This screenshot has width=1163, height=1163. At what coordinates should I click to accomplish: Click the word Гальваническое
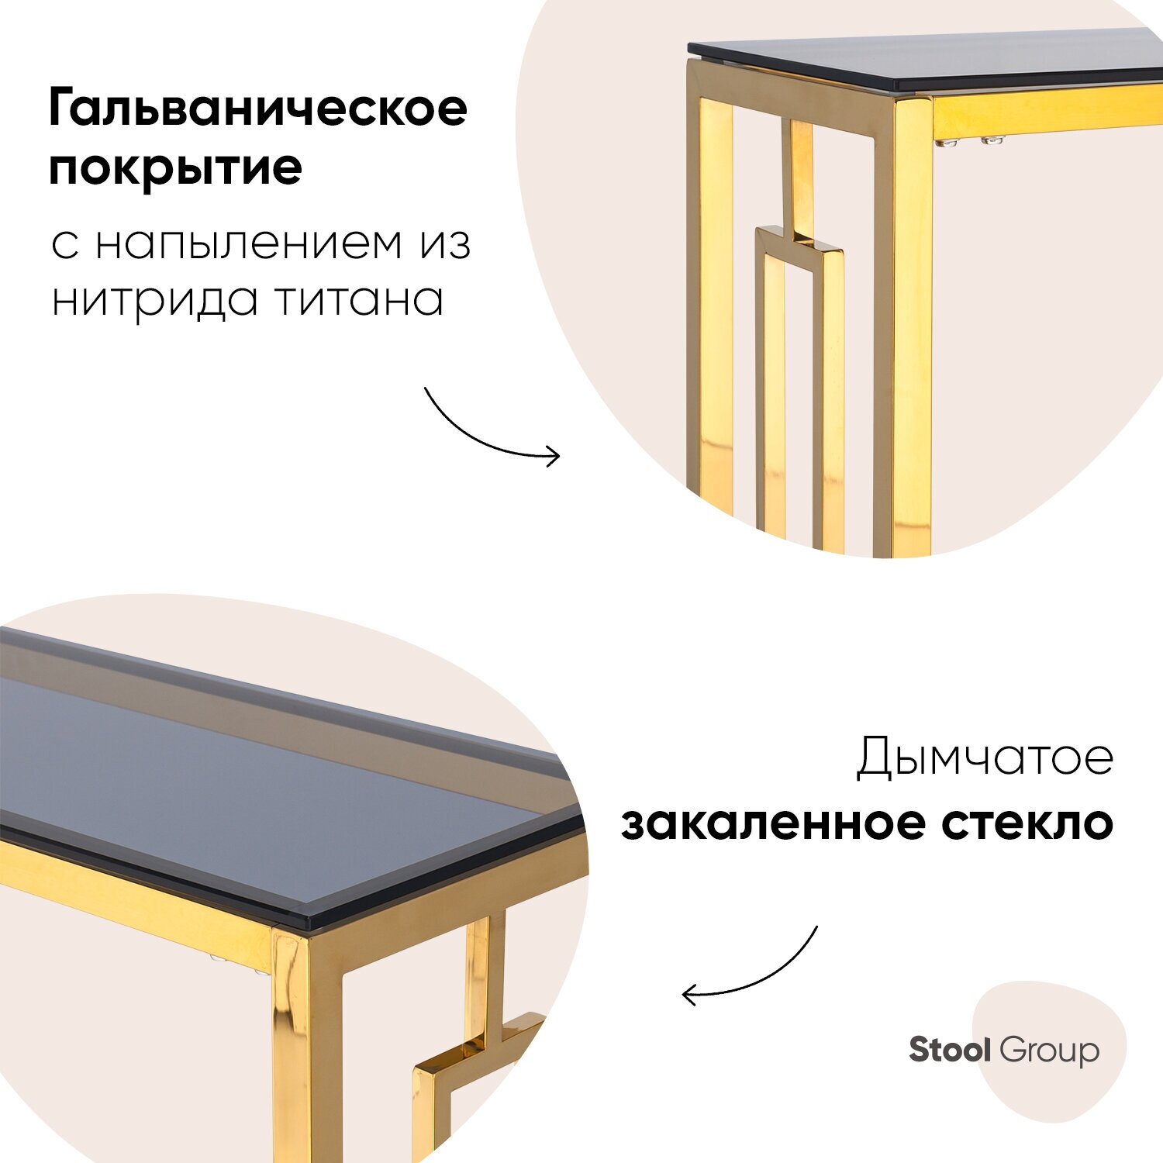tap(258, 109)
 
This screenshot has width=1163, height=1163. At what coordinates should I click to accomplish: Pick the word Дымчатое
tap(985, 758)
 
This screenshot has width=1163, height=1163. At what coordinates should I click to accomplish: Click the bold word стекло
tap(1027, 823)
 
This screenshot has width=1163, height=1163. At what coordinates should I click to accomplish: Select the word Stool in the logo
tap(950, 1050)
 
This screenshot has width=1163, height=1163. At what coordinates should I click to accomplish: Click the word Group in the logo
tap(1049, 1051)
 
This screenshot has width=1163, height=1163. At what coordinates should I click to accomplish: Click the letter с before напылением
tap(65, 247)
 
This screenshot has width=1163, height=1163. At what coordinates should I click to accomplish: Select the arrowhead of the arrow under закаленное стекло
tap(688, 994)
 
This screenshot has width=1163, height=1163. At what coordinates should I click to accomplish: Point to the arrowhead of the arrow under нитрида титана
tap(554, 456)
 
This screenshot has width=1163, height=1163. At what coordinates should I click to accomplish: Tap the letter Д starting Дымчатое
tap(874, 758)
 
